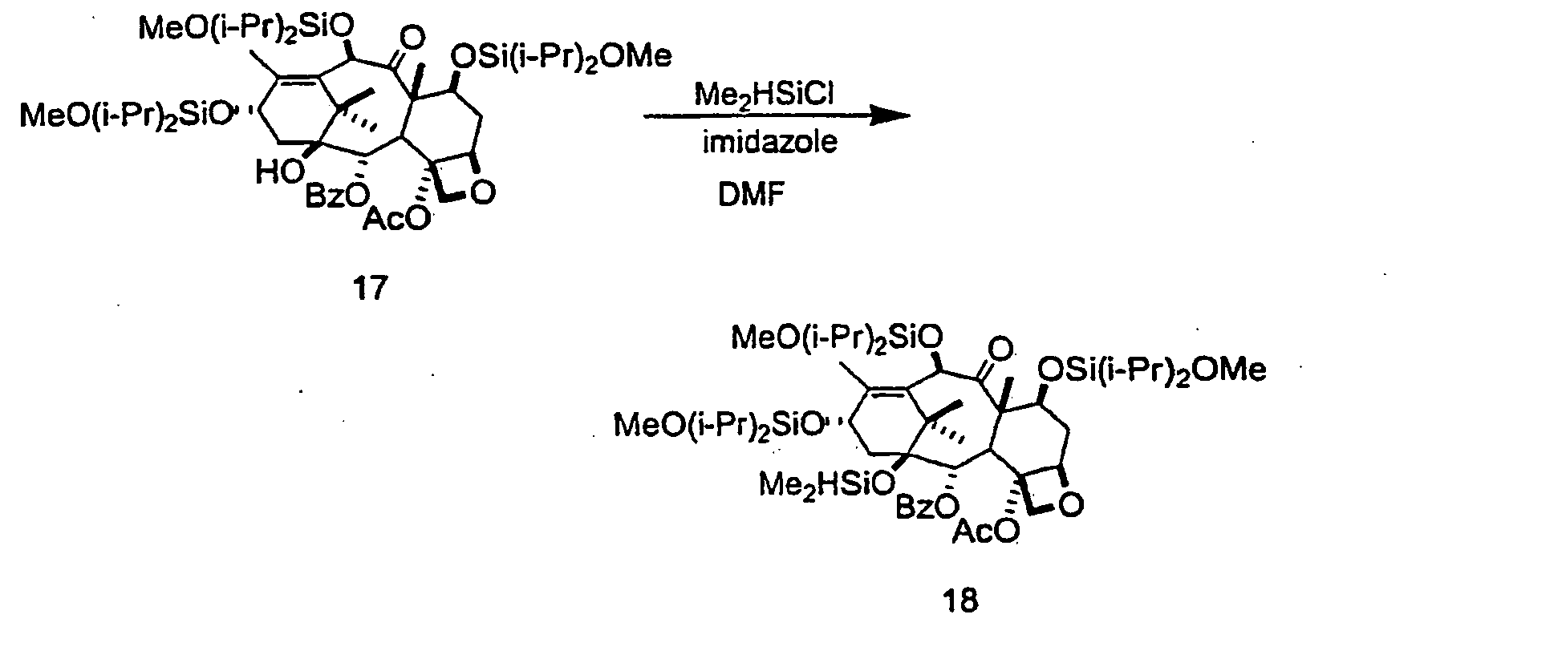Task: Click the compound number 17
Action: pos(369,288)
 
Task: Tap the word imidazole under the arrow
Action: pos(770,143)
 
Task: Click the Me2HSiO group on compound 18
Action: pos(826,484)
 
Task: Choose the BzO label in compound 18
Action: pos(927,507)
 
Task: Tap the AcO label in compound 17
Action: pos(396,218)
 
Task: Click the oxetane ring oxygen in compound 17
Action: pos(482,192)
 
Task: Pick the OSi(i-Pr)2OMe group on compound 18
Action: pos(1152,370)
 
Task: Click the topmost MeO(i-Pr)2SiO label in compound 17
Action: pos(247,30)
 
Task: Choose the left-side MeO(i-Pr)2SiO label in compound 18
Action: pos(719,423)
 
